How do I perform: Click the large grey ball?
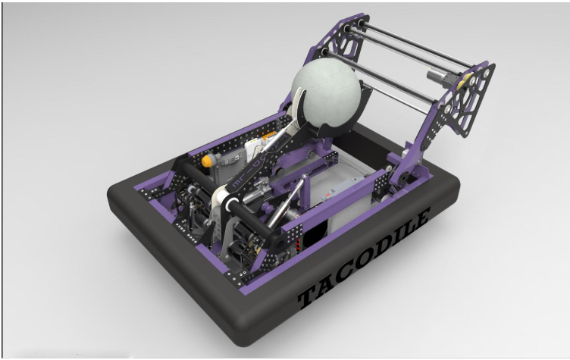[x=326, y=95]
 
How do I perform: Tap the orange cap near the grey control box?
[x=207, y=161]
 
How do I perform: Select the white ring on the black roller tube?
[x=231, y=205]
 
